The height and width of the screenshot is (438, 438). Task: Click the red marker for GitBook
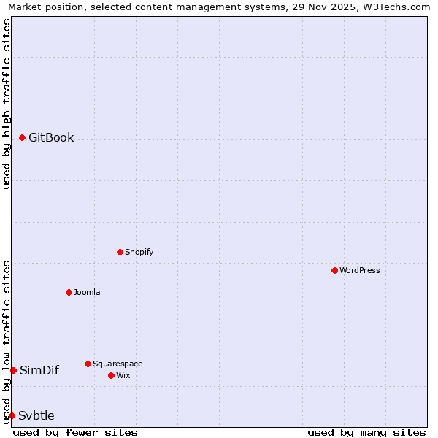point(23,137)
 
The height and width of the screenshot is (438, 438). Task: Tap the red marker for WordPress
point(335,270)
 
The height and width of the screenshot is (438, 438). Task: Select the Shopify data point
point(120,252)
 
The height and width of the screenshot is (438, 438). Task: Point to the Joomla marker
point(69,292)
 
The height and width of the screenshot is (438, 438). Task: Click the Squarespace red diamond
point(88,364)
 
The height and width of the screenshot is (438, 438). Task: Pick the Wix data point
point(111,375)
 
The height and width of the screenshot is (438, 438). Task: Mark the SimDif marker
point(13,370)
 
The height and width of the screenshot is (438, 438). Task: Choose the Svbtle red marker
point(12,415)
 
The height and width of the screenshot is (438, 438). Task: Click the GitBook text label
point(51,137)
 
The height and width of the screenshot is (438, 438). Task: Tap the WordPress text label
point(360,270)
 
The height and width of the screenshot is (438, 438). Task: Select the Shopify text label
point(139,252)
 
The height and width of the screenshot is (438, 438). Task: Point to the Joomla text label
point(87,292)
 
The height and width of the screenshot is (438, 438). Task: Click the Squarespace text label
point(118,364)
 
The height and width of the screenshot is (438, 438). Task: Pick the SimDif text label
point(39,370)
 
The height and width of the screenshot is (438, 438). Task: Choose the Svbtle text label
point(36,415)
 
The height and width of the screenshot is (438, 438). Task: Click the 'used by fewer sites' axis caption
point(75,432)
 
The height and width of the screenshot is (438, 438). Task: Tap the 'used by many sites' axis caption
point(366,432)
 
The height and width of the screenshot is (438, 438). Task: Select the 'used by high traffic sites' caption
point(7,104)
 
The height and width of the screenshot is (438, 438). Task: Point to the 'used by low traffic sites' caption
point(7,342)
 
